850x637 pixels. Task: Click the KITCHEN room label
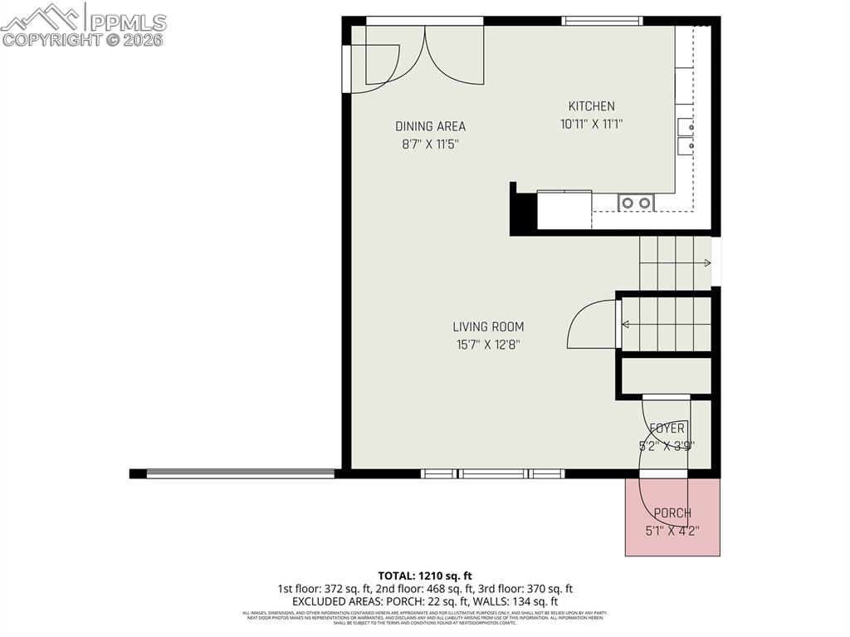pyautogui.click(x=591, y=106)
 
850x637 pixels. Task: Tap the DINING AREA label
pyautogui.click(x=430, y=126)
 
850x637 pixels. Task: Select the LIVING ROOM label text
pyautogui.click(x=488, y=327)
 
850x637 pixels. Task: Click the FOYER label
pyautogui.click(x=667, y=429)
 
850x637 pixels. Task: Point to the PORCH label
pyautogui.click(x=672, y=513)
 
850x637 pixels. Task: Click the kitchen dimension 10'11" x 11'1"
pyautogui.click(x=591, y=125)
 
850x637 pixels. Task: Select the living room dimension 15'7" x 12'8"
pyautogui.click(x=488, y=345)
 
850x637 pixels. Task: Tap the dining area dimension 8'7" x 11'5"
pyautogui.click(x=430, y=144)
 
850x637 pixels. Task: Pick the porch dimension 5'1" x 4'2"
pyautogui.click(x=672, y=531)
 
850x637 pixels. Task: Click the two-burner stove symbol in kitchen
pyautogui.click(x=636, y=202)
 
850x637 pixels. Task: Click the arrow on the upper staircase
pyautogui.click(x=706, y=263)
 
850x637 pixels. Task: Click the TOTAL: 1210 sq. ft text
pyautogui.click(x=425, y=575)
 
